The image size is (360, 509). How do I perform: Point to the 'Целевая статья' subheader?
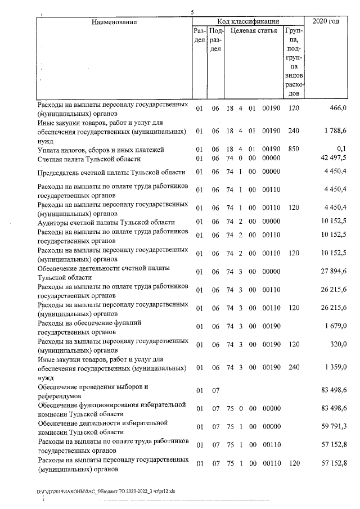(x=254, y=31)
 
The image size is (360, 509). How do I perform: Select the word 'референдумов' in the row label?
(x=61, y=395)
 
